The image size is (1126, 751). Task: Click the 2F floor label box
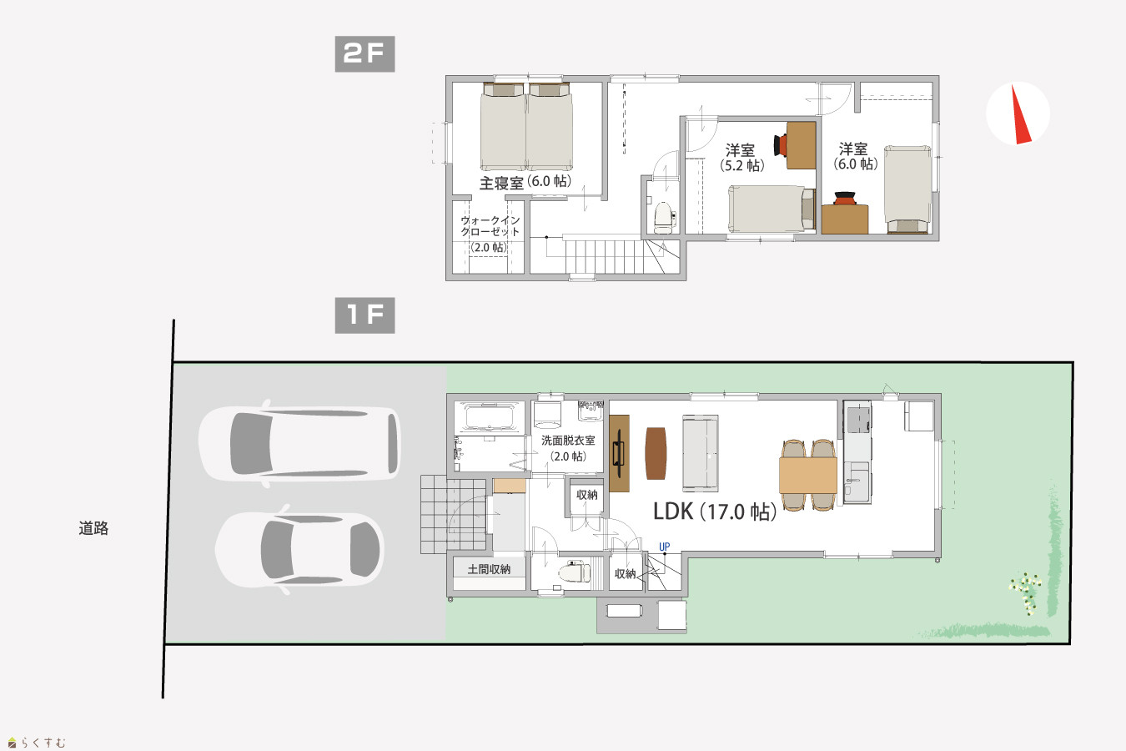365,54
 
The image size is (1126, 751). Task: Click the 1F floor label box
365,315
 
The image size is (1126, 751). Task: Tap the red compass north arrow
1020,114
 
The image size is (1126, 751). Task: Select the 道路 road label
93,528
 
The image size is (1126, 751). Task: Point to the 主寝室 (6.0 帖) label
525,182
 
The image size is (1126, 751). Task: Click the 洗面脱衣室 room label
568,440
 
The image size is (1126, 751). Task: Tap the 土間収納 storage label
489,569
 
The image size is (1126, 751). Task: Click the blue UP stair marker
664,547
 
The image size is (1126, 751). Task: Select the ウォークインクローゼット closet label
490,226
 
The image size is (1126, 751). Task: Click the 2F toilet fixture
664,217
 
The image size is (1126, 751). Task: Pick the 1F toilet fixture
575,572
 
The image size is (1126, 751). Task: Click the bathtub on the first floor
489,417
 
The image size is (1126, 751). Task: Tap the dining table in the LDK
808,475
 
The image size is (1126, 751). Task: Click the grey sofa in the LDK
701,453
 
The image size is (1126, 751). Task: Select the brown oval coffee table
656,453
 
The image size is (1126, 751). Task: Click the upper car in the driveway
299,443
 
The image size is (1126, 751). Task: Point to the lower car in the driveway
299,549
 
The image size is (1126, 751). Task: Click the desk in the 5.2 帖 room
801,145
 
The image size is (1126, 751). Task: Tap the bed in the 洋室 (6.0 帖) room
907,189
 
